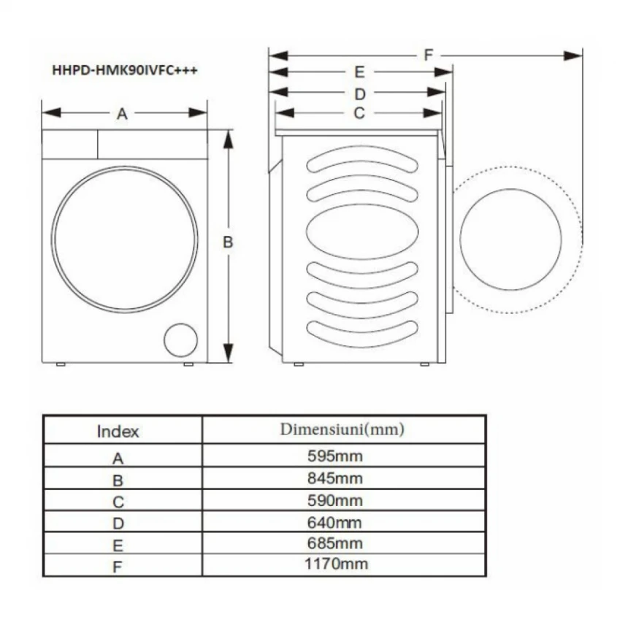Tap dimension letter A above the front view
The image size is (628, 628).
click(122, 114)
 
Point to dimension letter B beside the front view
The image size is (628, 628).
click(228, 242)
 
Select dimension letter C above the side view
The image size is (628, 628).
click(359, 113)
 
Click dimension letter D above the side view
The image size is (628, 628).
click(359, 94)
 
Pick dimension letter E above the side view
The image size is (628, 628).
click(359, 72)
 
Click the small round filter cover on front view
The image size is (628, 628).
click(180, 340)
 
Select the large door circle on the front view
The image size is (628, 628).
click(125, 239)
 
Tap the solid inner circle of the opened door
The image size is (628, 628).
click(510, 239)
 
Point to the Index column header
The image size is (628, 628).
click(118, 432)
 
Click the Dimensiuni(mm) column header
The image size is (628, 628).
click(342, 429)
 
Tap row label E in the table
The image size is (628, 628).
click(118, 545)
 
